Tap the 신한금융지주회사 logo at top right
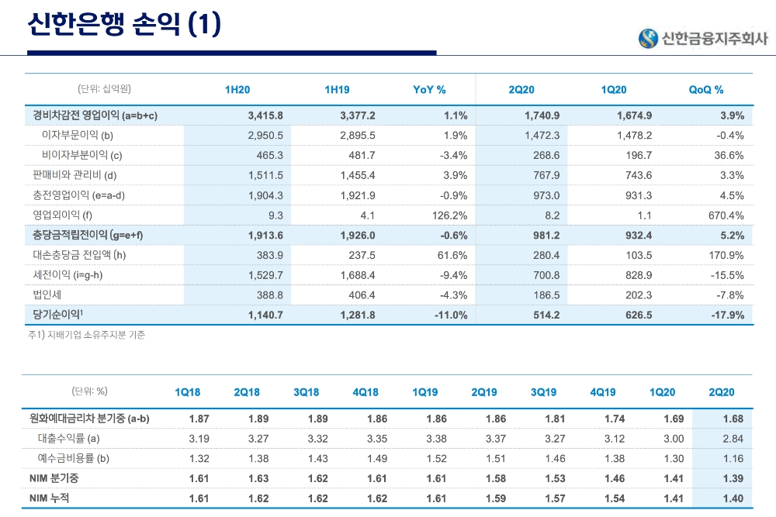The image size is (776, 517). pyautogui.click(x=703, y=38)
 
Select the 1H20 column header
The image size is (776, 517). pyautogui.click(x=237, y=90)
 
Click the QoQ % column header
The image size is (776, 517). pyautogui.click(x=706, y=90)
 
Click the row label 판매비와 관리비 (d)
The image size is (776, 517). pyautogui.click(x=74, y=175)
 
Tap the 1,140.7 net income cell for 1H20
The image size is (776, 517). pyautogui.click(x=265, y=315)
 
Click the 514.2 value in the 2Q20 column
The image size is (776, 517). pyautogui.click(x=543, y=315)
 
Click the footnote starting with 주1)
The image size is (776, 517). pyautogui.click(x=86, y=336)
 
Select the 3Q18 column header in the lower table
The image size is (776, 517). pyautogui.click(x=307, y=392)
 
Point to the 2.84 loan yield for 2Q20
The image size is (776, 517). pyautogui.click(x=732, y=439)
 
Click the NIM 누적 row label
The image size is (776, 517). pyautogui.click(x=49, y=498)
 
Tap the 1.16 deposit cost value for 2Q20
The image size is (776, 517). pyautogui.click(x=732, y=458)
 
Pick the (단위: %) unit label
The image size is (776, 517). pyautogui.click(x=89, y=391)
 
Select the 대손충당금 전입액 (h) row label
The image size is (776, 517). pyautogui.click(x=79, y=255)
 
